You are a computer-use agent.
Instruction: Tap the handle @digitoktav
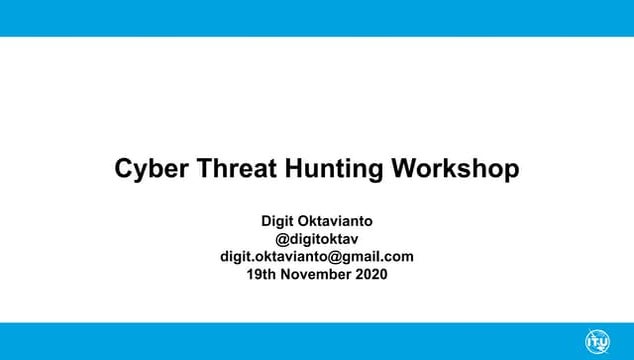point(317,238)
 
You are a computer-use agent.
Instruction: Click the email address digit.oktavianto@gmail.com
point(317,256)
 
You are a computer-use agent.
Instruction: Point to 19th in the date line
point(261,274)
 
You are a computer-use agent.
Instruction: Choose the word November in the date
point(317,274)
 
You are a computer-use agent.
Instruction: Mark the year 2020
point(371,274)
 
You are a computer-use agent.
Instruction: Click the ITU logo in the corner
point(597,341)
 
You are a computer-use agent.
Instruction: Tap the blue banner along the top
point(317,18)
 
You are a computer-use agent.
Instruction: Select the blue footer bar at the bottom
point(300,341)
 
